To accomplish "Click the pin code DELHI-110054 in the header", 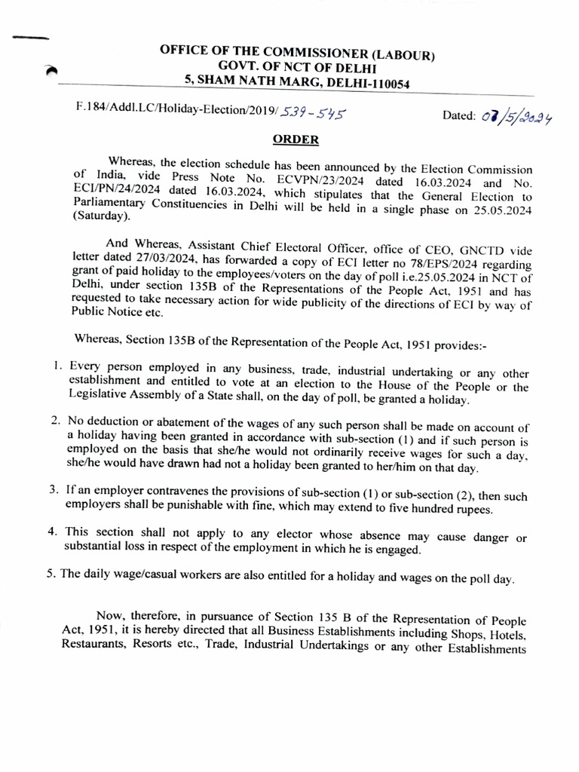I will pyautogui.click(x=368, y=85).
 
